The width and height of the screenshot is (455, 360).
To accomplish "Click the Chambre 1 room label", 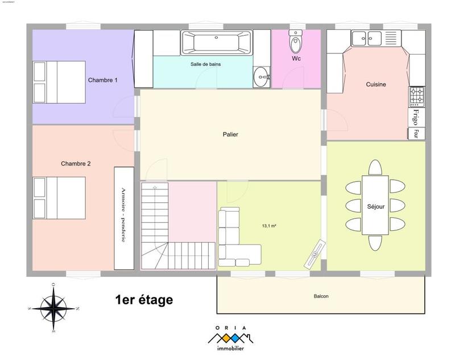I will [x=102, y=80].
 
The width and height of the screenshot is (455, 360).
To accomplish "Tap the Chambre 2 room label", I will [x=76, y=164].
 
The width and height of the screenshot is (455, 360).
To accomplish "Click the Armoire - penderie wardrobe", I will [x=123, y=218].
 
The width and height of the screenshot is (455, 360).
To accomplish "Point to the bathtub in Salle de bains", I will [x=216, y=42].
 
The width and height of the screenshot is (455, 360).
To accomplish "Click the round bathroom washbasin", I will [x=262, y=76].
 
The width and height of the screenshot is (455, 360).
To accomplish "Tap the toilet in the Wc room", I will [x=296, y=41].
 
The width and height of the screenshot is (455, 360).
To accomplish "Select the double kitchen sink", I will [x=366, y=39].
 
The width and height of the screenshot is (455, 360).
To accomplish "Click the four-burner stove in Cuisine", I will [x=416, y=97].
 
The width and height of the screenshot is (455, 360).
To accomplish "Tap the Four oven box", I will [x=416, y=134].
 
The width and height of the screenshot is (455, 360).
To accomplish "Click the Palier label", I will [x=230, y=135].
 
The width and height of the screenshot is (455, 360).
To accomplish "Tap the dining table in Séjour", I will [x=375, y=205].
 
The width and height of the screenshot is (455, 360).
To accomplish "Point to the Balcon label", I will [x=321, y=296].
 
